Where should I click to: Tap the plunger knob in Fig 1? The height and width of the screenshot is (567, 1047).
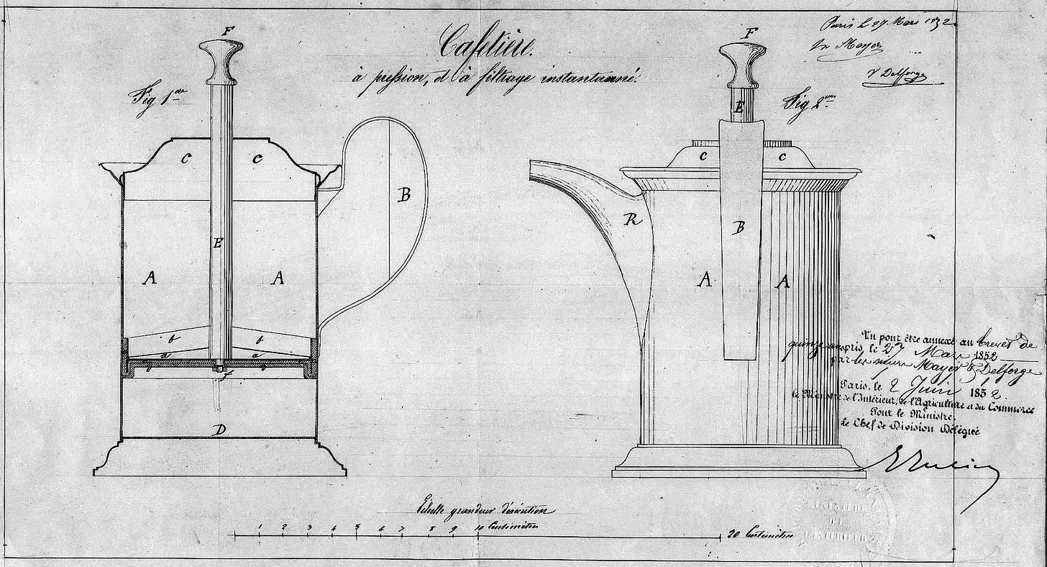click(x=219, y=60)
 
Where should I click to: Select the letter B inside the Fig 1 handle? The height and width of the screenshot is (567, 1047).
click(x=404, y=194)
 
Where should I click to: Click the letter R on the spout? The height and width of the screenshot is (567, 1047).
click(x=632, y=220)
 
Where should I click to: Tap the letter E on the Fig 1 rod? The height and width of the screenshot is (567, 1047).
click(x=218, y=243)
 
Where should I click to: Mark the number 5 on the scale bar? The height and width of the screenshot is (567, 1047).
click(x=357, y=527)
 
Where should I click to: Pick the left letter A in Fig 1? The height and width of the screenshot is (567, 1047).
click(x=150, y=278)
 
